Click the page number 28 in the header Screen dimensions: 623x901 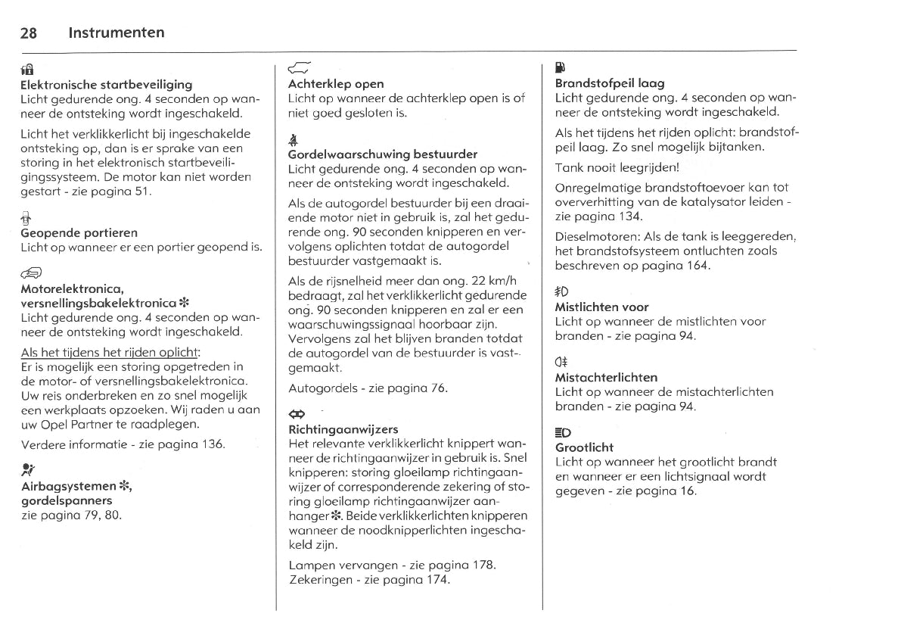pyautogui.click(x=30, y=33)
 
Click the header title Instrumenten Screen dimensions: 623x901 pyautogui.click(x=116, y=33)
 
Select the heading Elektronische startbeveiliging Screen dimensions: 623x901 pyautogui.click(x=106, y=84)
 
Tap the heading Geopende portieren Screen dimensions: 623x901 pyautogui.click(x=79, y=232)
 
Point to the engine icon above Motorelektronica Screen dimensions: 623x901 pyautogui.click(x=33, y=274)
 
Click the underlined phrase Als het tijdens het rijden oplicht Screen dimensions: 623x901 pyautogui.click(x=110, y=354)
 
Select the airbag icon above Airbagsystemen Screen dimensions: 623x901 pyautogui.click(x=28, y=469)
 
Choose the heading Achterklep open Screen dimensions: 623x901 pyautogui.click(x=336, y=84)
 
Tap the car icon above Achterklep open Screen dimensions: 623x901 pyautogui.click(x=300, y=68)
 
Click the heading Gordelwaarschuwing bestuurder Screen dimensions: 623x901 pyautogui.click(x=383, y=154)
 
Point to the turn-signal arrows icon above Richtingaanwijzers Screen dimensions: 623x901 pyautogui.click(x=297, y=414)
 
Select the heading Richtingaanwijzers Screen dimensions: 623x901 pyautogui.click(x=343, y=429)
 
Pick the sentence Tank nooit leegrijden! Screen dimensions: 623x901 pyautogui.click(x=617, y=168)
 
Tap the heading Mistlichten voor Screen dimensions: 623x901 pyautogui.click(x=601, y=307)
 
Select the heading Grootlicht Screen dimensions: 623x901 pyautogui.click(x=584, y=447)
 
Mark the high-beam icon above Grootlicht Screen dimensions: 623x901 pyautogui.click(x=563, y=432)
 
